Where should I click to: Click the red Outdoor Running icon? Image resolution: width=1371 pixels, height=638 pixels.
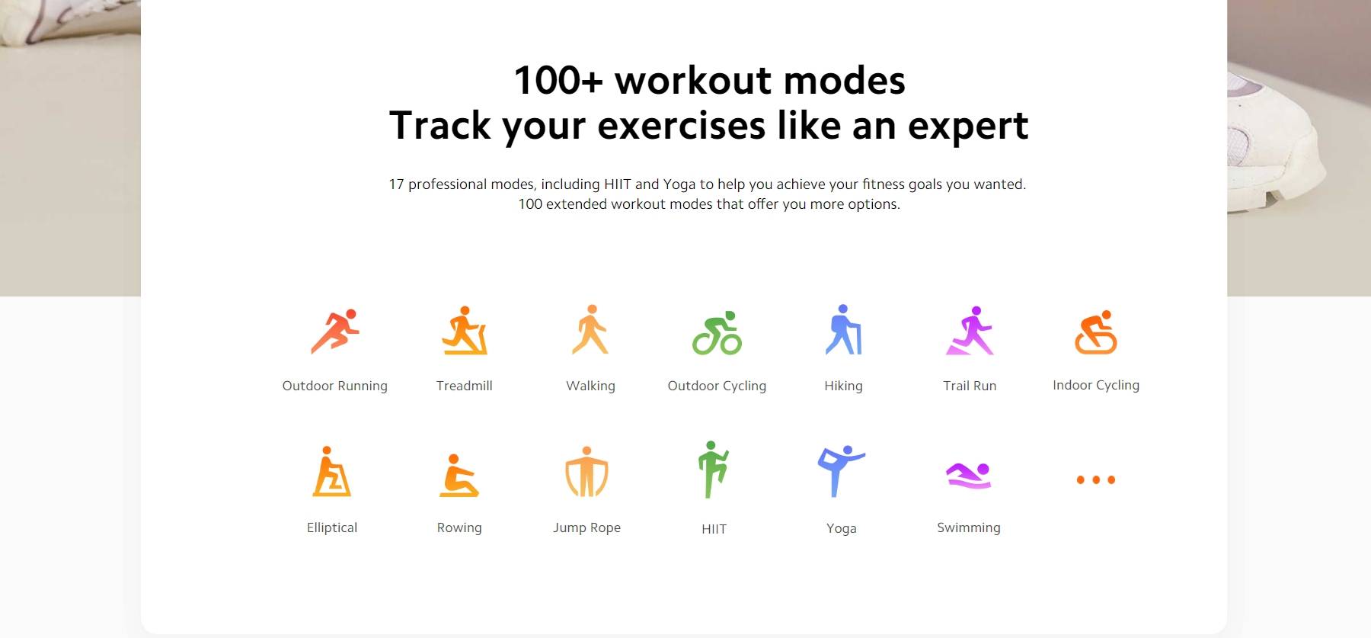(335, 331)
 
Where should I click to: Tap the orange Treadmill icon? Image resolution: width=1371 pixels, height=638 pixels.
(465, 331)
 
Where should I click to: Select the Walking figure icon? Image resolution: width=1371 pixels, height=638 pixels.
(591, 329)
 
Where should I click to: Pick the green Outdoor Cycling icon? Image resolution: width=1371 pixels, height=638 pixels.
(717, 332)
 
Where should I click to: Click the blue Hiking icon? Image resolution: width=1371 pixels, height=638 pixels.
(843, 329)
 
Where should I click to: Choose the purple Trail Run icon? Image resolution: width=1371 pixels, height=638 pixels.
(970, 331)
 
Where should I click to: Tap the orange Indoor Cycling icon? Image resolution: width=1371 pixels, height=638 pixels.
(1096, 332)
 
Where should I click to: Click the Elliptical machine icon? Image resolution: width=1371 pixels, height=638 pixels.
(331, 472)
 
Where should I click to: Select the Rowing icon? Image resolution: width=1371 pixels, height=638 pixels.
(459, 476)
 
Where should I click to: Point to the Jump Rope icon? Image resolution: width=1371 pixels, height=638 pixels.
(586, 472)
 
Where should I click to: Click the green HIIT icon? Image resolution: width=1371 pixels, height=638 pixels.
(713, 470)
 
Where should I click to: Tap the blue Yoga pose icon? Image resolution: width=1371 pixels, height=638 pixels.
(841, 471)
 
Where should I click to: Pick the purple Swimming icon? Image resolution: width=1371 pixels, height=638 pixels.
(968, 475)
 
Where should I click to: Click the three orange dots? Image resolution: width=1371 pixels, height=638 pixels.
(1096, 479)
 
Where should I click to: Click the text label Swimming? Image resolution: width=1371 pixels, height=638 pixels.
(969, 527)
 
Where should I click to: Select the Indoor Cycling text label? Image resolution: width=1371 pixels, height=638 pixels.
(1096, 385)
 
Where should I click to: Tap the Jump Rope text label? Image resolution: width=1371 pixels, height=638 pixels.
(586, 527)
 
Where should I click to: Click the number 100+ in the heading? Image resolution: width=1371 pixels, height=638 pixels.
(558, 80)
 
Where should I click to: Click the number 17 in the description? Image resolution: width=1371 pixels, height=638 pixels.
(396, 184)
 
